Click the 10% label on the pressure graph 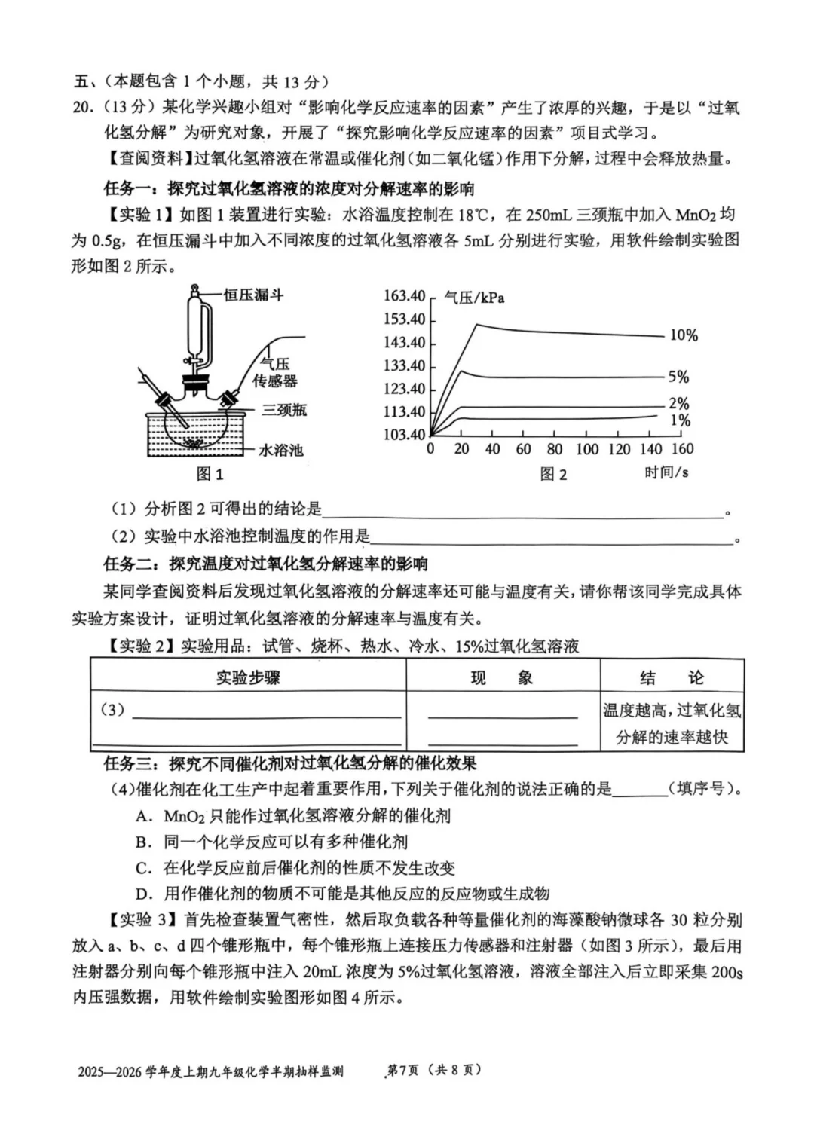coord(684,335)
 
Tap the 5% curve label coord(678,377)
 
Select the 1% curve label coord(680,420)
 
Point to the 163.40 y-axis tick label coord(405,296)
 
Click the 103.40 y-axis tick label coord(405,435)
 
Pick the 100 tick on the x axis coord(587,450)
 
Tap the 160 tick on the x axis coord(681,450)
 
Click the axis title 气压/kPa coord(474,298)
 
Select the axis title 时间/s coord(666,472)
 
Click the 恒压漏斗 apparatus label coord(253,295)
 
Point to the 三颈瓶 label coord(284,411)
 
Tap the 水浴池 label coord(280,451)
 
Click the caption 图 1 coord(210,474)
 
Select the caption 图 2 coord(552,474)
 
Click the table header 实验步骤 coord(248,677)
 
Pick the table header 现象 coord(502,677)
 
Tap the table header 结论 coord(671,677)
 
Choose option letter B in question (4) coord(144,842)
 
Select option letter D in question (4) coord(144,894)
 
